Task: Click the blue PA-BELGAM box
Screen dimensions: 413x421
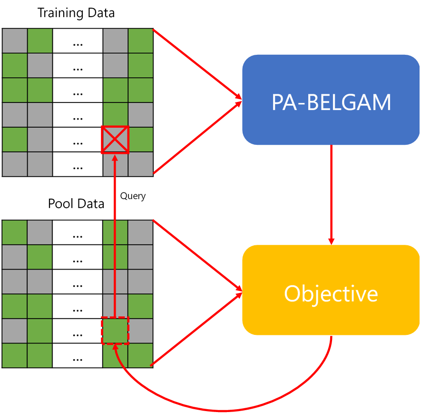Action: pyautogui.click(x=331, y=100)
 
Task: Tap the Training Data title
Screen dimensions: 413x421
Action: pyautogui.click(x=76, y=12)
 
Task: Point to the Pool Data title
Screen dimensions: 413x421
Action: pyautogui.click(x=76, y=204)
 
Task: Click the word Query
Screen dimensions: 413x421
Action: pyautogui.click(x=133, y=196)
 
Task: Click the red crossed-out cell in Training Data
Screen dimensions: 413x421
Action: pyautogui.click(x=115, y=140)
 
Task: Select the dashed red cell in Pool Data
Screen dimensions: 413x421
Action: pyautogui.click(x=115, y=331)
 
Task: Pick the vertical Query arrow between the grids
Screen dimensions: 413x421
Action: pyautogui.click(x=115, y=238)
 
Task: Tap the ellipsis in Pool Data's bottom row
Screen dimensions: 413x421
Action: pyautogui.click(x=78, y=356)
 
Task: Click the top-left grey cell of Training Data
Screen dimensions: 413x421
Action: pyautogui.click(x=15, y=41)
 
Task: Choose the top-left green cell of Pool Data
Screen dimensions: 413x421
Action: pyautogui.click(x=15, y=232)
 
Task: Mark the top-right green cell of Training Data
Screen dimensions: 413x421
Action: pyautogui.click(x=140, y=41)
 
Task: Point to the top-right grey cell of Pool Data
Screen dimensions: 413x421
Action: pyautogui.click(x=140, y=232)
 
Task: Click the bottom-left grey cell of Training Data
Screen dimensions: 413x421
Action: pyautogui.click(x=15, y=164)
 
